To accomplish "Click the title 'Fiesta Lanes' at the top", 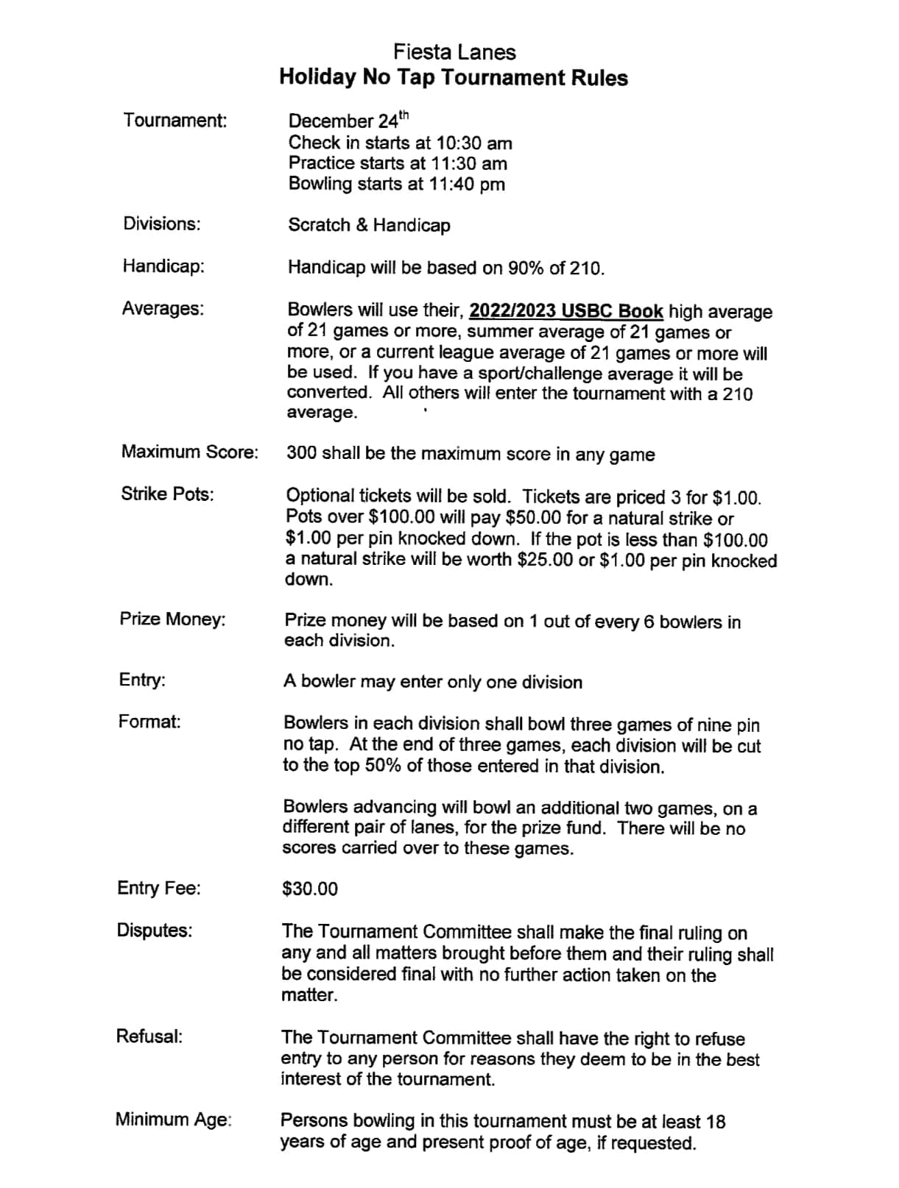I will click(x=454, y=52).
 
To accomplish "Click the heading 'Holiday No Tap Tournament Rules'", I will click(x=454, y=78).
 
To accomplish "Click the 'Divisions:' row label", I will click(x=162, y=224).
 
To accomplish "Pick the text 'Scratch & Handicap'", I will click(x=369, y=225).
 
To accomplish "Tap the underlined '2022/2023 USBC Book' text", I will click(x=566, y=311).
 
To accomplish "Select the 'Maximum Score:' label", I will click(x=190, y=452).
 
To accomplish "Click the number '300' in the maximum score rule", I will click(x=302, y=453).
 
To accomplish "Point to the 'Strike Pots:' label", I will click(x=167, y=494).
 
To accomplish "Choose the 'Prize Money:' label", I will click(x=172, y=619).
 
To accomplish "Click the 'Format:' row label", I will click(x=149, y=722).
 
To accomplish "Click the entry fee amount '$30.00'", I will click(x=310, y=889).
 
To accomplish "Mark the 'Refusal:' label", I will click(x=149, y=1036).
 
